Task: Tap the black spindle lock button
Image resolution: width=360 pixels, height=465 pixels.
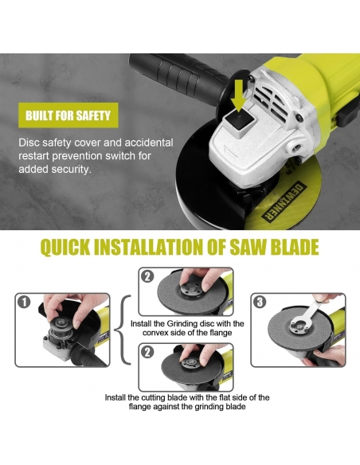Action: (240, 122)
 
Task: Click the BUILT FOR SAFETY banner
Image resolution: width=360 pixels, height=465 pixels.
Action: (68, 115)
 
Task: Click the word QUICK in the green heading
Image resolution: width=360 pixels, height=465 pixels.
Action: (65, 247)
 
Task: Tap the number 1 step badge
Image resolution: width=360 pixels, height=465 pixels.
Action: (24, 303)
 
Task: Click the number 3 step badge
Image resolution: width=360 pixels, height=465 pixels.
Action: (260, 303)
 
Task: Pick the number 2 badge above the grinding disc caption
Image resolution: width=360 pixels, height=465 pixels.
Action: (147, 276)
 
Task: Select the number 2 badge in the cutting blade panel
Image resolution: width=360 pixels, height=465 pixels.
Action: (147, 352)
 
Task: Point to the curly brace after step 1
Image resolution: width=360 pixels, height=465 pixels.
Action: (122, 330)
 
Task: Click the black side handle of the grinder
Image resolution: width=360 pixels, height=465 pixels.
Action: (178, 73)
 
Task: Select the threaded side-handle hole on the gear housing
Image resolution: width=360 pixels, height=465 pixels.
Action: (295, 147)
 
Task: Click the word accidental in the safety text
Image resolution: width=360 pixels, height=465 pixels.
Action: (149, 143)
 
